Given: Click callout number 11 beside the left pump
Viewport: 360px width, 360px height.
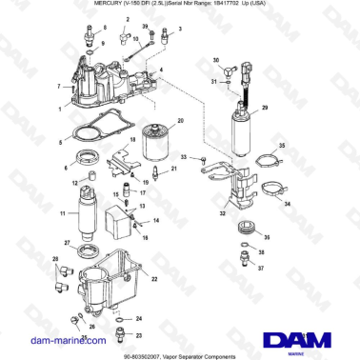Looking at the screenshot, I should pyautogui.click(x=63, y=216).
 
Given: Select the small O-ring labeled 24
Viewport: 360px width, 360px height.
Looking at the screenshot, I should pyautogui.click(x=120, y=318).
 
